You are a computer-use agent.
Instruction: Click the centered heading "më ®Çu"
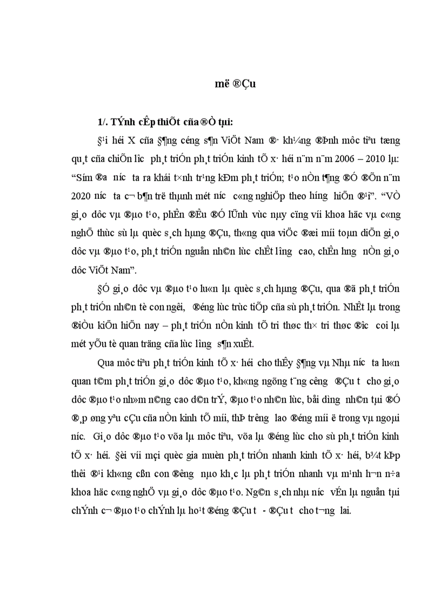click(233, 84)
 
